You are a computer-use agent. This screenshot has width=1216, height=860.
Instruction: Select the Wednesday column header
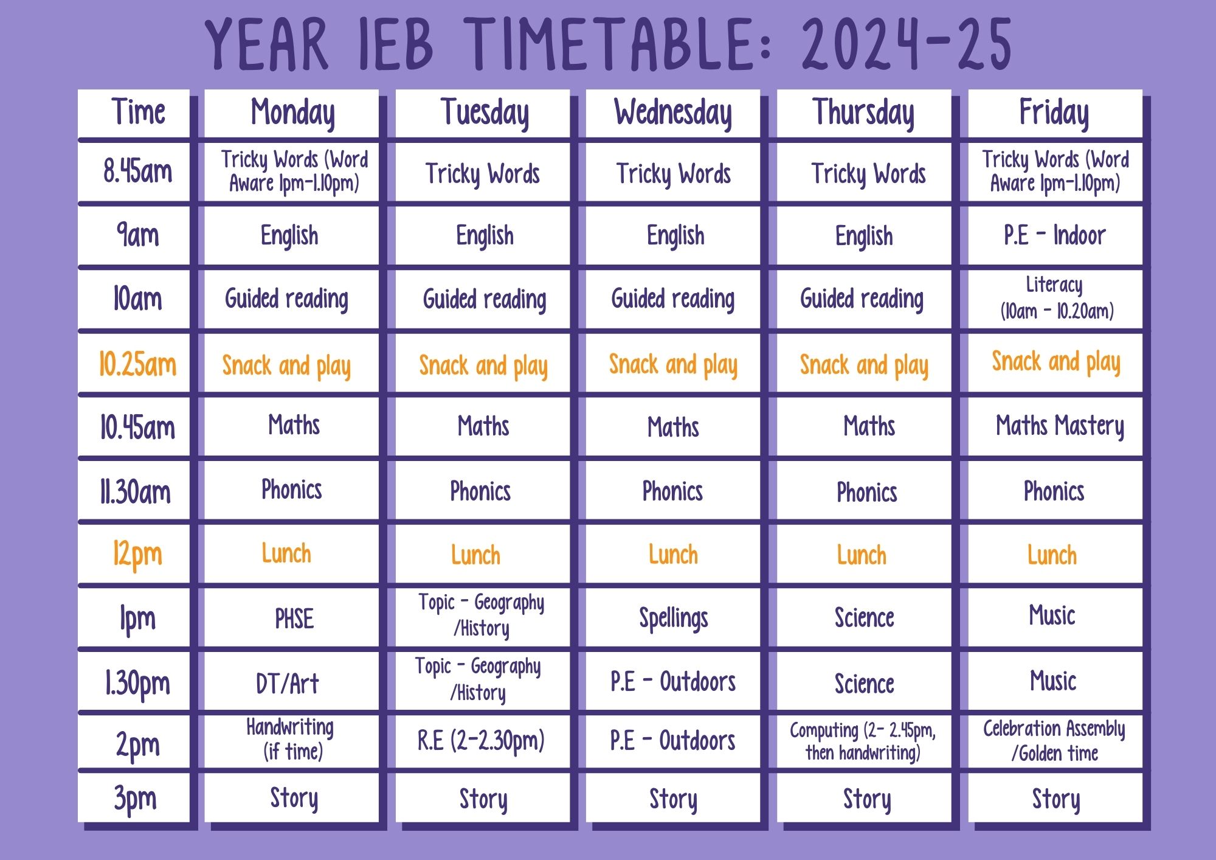(x=673, y=113)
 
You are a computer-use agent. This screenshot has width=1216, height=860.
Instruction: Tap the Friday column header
(x=1055, y=113)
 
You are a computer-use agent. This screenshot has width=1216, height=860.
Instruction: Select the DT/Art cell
(x=292, y=682)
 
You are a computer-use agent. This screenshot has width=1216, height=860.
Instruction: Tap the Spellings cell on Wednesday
(x=673, y=618)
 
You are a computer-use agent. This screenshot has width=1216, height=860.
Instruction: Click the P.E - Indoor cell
(x=1055, y=236)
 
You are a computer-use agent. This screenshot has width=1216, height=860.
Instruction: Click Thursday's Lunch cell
(x=864, y=554)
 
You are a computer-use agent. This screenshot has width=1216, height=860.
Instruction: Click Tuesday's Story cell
(x=483, y=798)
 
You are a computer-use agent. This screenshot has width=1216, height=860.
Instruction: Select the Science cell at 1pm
(x=864, y=618)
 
